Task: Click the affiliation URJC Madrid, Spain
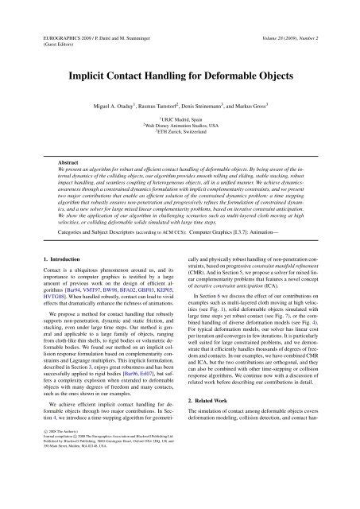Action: click(x=180, y=116)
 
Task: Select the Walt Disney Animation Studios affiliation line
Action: click(x=180, y=125)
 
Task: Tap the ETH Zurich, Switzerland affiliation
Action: click(x=180, y=133)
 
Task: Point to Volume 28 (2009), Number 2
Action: click(x=296, y=16)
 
